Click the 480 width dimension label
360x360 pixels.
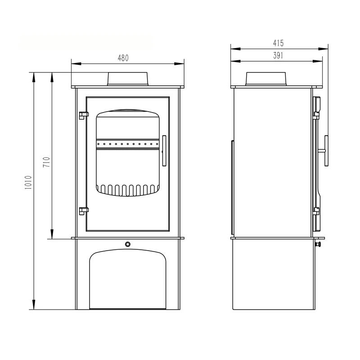click(x=123, y=58)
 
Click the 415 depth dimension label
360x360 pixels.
click(x=278, y=43)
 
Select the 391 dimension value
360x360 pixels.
click(x=278, y=55)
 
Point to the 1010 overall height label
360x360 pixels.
click(x=28, y=184)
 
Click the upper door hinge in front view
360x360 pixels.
click(x=82, y=115)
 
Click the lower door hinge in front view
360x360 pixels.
click(x=82, y=210)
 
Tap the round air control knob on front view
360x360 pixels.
click(x=128, y=244)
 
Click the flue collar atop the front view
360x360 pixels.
click(x=128, y=78)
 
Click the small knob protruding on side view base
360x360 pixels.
click(x=319, y=244)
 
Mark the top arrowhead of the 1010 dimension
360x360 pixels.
click(x=34, y=76)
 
